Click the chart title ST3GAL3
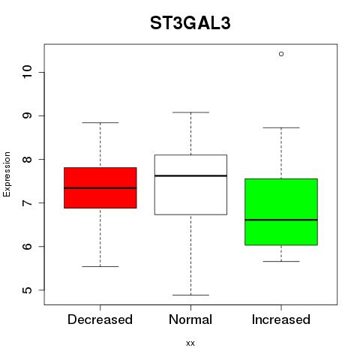[x=190, y=23]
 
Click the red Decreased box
[x=100, y=187]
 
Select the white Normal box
[x=190, y=184]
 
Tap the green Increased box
[x=281, y=211]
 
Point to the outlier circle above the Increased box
[x=281, y=54]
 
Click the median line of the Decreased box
[x=100, y=188]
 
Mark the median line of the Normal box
[x=190, y=175]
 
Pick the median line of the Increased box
[x=281, y=220]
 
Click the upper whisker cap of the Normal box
[x=190, y=112]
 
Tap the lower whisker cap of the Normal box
[x=190, y=295]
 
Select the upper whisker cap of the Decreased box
[x=100, y=123]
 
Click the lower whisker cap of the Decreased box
[x=100, y=266]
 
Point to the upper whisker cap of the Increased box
[x=281, y=127]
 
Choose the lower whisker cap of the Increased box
[x=281, y=262]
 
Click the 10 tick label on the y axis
[x=27, y=72]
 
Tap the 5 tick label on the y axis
[x=27, y=290]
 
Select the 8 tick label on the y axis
[x=27, y=159]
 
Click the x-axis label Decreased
[x=100, y=319]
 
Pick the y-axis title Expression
[x=7, y=174]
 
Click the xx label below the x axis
[x=190, y=343]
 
